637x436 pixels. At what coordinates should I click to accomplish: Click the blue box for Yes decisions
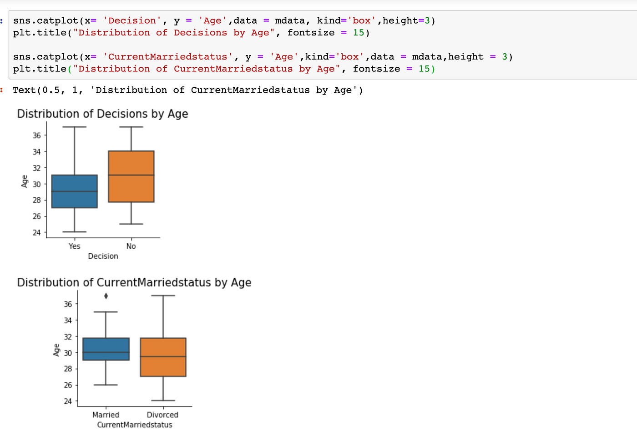(x=74, y=191)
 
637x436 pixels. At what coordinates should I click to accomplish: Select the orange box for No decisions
(x=131, y=176)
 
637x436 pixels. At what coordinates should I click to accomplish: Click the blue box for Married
(x=106, y=349)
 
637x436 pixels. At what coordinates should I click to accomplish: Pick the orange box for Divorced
(x=163, y=357)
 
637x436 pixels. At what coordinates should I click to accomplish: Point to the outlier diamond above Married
(x=106, y=296)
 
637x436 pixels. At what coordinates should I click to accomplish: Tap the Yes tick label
(x=74, y=246)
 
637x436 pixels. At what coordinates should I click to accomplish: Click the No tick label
(x=131, y=246)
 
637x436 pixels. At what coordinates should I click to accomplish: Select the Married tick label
(x=106, y=415)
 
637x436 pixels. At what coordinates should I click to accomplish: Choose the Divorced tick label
(x=162, y=415)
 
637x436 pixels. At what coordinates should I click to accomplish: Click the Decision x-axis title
(x=103, y=256)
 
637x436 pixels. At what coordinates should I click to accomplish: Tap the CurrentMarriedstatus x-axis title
(x=135, y=425)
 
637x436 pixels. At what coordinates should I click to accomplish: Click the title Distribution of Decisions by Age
(x=102, y=114)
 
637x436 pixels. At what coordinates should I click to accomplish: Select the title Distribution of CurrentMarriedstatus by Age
(x=134, y=282)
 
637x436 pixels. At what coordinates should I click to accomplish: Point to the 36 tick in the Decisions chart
(x=36, y=135)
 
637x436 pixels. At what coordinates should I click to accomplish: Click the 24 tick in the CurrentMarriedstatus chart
(x=68, y=401)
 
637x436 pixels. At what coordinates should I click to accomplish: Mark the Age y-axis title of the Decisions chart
(x=25, y=181)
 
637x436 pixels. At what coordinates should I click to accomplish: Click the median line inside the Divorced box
(x=163, y=356)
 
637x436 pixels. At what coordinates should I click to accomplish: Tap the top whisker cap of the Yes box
(x=74, y=127)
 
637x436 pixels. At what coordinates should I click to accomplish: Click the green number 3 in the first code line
(x=427, y=20)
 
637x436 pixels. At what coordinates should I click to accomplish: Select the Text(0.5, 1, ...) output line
(x=187, y=90)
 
